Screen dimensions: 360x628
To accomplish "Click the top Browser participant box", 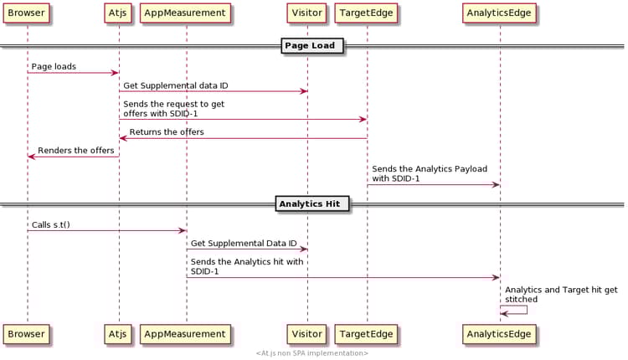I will (26, 13).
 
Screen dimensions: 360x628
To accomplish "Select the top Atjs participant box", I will (118, 13).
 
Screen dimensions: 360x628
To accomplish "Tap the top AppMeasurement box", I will (185, 13).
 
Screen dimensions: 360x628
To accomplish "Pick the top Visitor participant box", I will (306, 13).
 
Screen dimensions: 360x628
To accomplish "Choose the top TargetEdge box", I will (366, 13).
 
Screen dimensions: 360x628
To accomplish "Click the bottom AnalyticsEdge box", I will (499, 334).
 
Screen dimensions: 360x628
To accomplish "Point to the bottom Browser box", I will (26, 334).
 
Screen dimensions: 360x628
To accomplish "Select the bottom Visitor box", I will (306, 334).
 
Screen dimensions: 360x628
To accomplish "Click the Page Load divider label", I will (311, 45).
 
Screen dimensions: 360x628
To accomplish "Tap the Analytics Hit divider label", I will (311, 203).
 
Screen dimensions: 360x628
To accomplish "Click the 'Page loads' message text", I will (54, 66).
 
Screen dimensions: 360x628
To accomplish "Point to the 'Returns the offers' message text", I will (166, 132).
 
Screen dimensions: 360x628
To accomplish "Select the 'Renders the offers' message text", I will (75, 151).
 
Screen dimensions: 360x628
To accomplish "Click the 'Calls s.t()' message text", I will (51, 224).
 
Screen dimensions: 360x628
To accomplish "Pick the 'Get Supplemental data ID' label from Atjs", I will (175, 85).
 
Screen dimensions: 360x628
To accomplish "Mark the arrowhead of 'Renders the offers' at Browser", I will (31, 157).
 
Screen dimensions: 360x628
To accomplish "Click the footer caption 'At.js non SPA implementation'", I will (311, 353).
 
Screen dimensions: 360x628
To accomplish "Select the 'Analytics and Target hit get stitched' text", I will (561, 294).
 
